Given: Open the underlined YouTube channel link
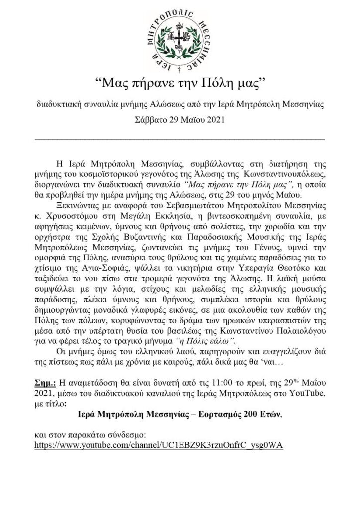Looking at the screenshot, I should tap(159, 445).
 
